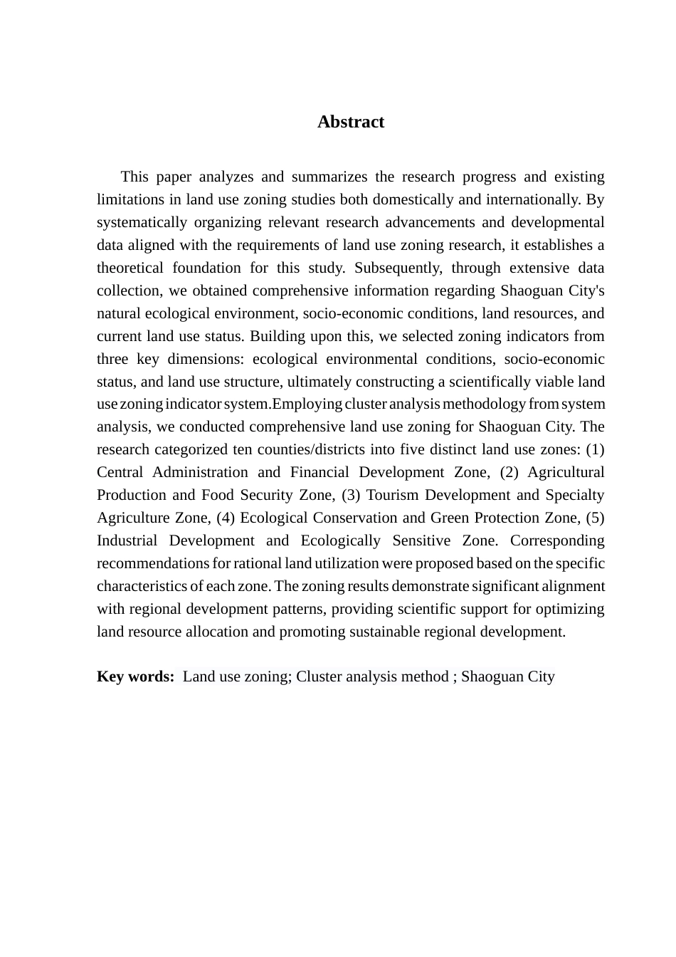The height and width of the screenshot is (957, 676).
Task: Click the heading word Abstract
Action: tap(351, 122)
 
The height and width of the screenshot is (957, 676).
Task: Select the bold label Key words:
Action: tap(135, 676)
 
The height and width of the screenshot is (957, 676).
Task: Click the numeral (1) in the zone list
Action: tap(595, 449)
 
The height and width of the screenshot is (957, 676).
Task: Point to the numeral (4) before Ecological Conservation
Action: tap(226, 518)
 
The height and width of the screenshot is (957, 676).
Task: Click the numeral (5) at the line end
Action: tap(595, 518)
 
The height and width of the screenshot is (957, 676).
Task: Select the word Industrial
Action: tap(127, 540)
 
